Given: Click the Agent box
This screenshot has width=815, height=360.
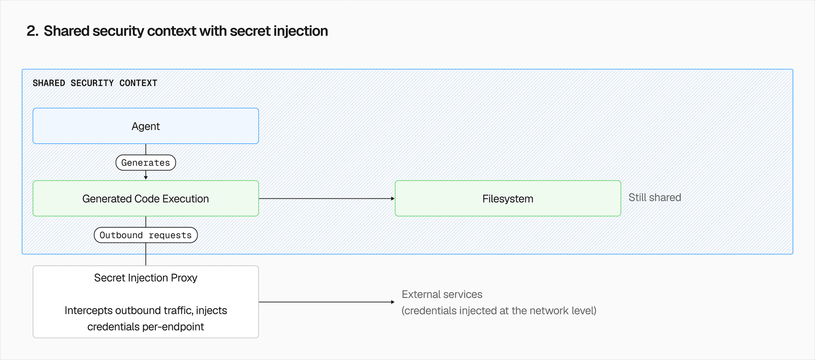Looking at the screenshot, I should click(146, 126).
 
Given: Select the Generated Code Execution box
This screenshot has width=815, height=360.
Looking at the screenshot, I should click(146, 199).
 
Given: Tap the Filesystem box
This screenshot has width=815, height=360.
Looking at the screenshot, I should click(508, 199).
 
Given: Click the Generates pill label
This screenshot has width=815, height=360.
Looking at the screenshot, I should click(146, 163).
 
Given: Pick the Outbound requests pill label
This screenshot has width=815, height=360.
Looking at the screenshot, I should click(146, 235).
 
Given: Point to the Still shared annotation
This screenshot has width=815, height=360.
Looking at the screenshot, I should click(655, 197).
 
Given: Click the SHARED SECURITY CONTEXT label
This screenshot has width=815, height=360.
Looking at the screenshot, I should click(95, 83).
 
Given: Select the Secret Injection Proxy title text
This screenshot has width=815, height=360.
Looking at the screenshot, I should click(146, 278).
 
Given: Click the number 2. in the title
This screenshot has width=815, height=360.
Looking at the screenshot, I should click(32, 31).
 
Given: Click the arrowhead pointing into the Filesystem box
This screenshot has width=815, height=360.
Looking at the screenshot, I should click(393, 198).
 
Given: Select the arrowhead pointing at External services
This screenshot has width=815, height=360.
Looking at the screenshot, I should click(393, 302).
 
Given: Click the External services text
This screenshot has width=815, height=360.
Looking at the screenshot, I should click(442, 294).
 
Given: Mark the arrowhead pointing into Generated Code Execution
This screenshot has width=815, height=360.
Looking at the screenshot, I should click(146, 177).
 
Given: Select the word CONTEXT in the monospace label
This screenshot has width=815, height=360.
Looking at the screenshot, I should click(138, 83).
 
